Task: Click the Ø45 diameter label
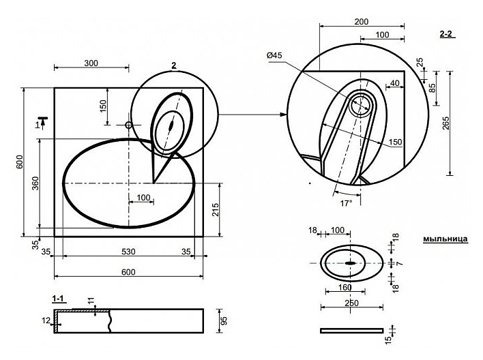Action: tap(274, 55)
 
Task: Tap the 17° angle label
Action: tap(347, 203)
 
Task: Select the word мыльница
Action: tap(445, 239)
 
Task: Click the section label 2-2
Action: tap(446, 33)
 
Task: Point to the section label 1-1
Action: tap(58, 299)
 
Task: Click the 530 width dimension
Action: tap(128, 252)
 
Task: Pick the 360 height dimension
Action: tap(35, 183)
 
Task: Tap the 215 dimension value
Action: tap(216, 209)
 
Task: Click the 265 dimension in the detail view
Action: tap(445, 123)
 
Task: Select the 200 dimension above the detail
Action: tap(362, 22)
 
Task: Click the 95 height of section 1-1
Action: tap(224, 321)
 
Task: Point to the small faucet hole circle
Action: tap(128, 125)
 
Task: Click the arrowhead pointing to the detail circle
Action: tap(284, 115)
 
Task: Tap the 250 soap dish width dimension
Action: tap(351, 303)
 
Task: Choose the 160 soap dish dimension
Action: tap(345, 287)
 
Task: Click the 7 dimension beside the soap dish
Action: tap(400, 264)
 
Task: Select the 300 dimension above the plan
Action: tap(91, 63)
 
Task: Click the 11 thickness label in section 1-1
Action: tap(91, 301)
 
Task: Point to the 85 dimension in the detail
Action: tap(433, 88)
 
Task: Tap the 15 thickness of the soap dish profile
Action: tap(388, 340)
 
